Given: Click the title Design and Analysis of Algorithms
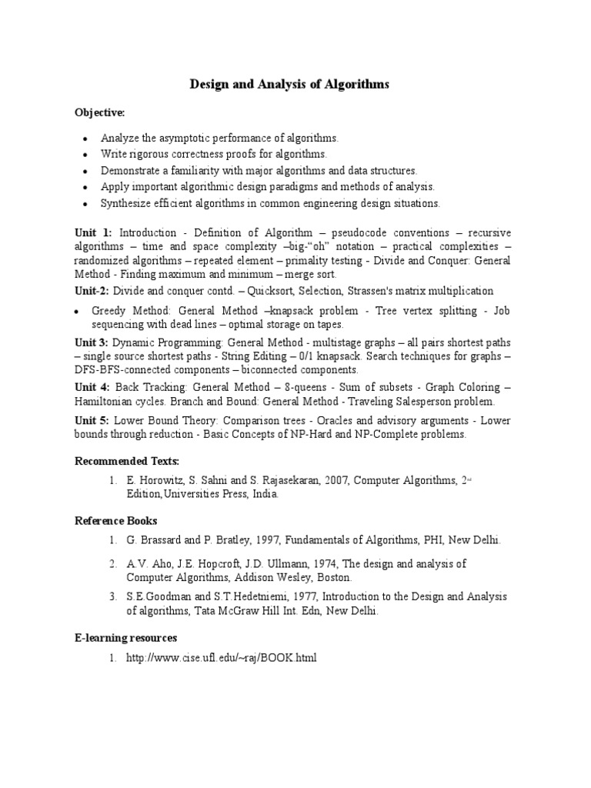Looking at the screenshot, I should (x=289, y=85).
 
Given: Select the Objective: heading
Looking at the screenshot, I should (x=99, y=113).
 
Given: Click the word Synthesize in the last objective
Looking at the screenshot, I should (x=125, y=203).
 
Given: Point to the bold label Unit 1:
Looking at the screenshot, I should (x=93, y=232).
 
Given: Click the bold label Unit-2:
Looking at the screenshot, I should (x=92, y=291).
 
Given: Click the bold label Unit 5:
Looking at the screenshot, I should (x=92, y=421).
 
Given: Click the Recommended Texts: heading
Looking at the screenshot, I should (x=126, y=461).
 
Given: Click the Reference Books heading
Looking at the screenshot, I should (x=115, y=521).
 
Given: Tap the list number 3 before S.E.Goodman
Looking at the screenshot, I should (x=112, y=596).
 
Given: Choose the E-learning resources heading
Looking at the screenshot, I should (x=125, y=638).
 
